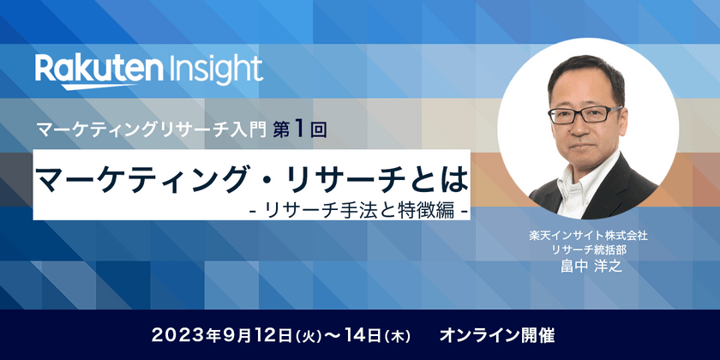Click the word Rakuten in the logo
tap(99, 68)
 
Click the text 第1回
tap(300, 130)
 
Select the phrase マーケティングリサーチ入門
tap(152, 131)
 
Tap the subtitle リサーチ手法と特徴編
tap(358, 210)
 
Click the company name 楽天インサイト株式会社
tap(588, 237)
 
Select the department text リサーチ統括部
tap(588, 250)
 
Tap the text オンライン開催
tap(497, 336)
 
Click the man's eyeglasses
tap(585, 115)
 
